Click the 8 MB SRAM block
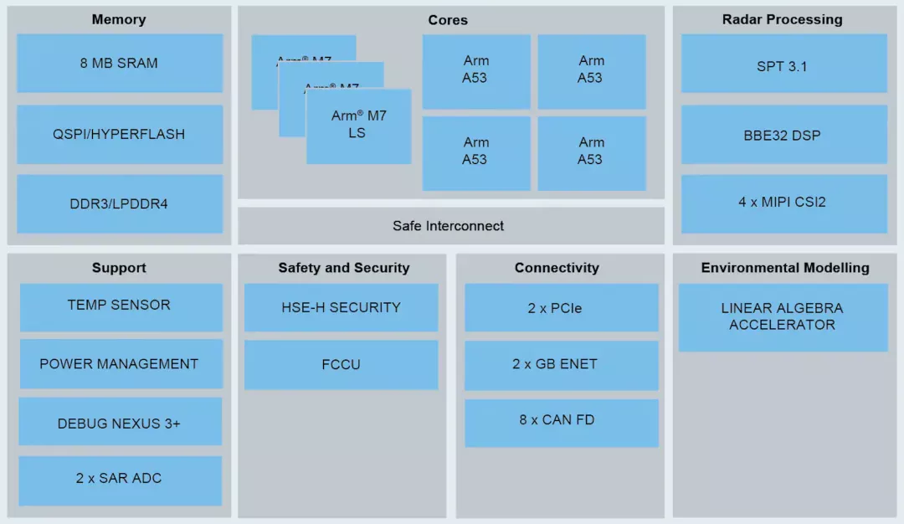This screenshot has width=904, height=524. tap(119, 63)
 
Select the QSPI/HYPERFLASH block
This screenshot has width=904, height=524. tap(119, 134)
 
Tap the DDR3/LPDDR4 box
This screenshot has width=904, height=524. tap(119, 203)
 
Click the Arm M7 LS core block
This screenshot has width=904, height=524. tap(358, 126)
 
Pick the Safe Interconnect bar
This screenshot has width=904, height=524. tap(449, 226)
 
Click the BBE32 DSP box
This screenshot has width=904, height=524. tap(783, 134)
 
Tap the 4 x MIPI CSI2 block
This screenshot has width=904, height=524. tap(783, 203)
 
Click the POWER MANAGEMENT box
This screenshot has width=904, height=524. tap(120, 364)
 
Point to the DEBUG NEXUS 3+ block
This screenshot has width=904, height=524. tap(120, 422)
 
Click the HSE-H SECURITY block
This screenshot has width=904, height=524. tap(341, 308)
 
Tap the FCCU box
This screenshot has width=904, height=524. tap(341, 365)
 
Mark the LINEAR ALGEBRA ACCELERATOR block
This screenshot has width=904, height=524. tap(783, 316)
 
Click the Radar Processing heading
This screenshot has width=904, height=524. tap(783, 19)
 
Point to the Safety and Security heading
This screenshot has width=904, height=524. tap(344, 268)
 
